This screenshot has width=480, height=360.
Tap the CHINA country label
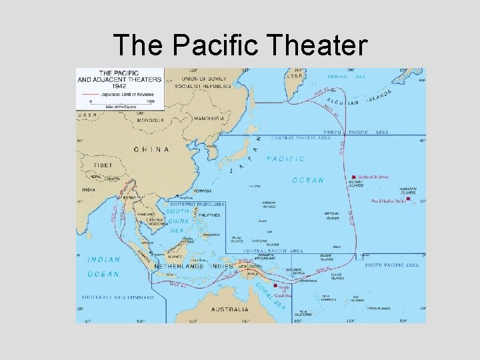pos(151,150)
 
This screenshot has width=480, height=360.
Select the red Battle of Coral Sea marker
pos(275,285)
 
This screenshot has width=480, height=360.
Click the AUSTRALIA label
pos(230,309)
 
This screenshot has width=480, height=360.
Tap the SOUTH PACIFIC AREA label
pos(391,265)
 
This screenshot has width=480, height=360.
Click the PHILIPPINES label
pos(210,215)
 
